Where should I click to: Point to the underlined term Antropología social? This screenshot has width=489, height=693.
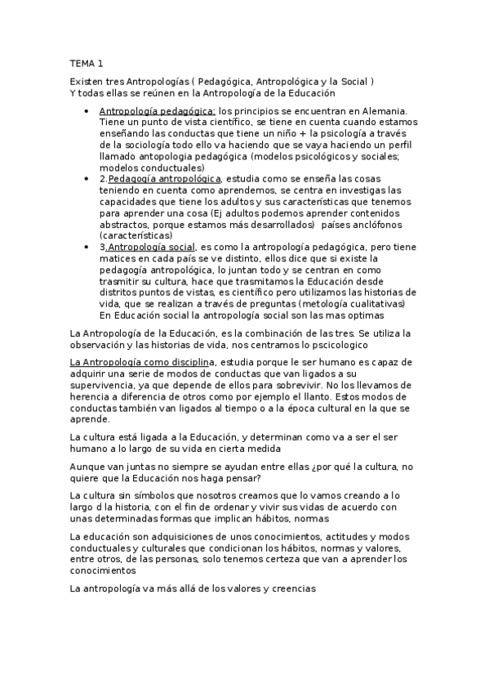click(x=152, y=247)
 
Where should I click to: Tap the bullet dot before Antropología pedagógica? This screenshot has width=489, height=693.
click(x=87, y=111)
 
